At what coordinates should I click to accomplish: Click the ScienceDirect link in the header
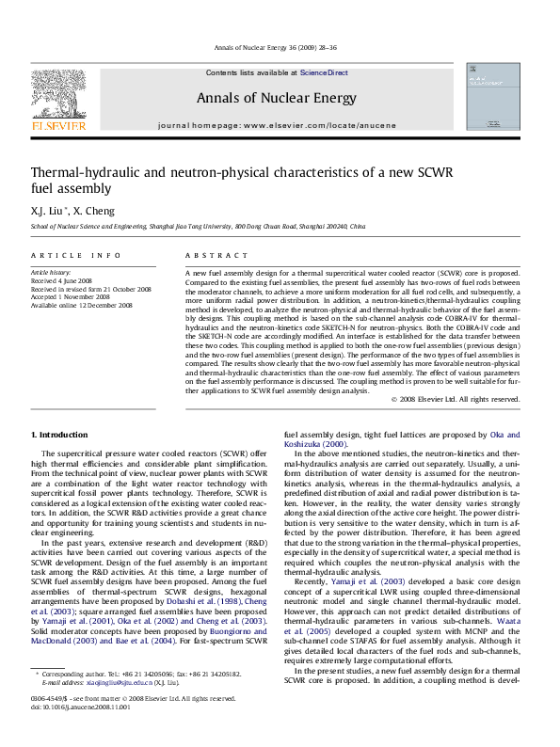click(x=324, y=72)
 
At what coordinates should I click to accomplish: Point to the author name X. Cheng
click(x=94, y=211)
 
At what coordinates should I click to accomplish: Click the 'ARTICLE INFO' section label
click(x=76, y=256)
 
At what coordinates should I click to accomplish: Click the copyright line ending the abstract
click(x=456, y=399)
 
